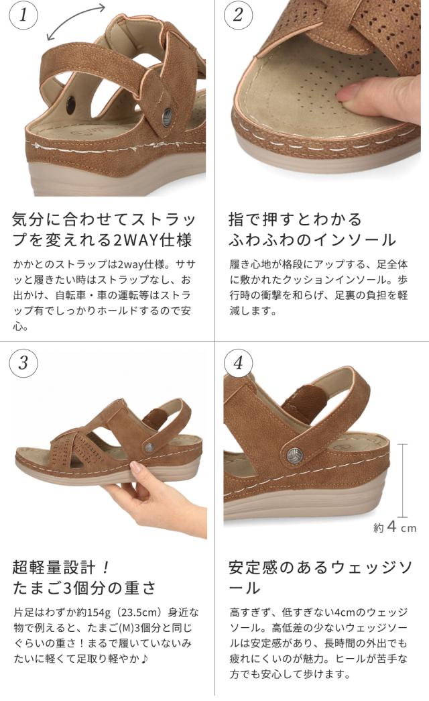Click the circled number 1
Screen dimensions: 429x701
pos(23,15)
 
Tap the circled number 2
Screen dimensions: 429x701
pos(238,15)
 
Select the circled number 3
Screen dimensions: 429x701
pos(23,362)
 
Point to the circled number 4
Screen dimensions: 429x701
pos(238,362)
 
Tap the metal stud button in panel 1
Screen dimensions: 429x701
pos(167,116)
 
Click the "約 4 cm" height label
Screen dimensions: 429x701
pos(395,527)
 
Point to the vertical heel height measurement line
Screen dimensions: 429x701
pos(403,480)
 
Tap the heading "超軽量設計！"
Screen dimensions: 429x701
pos(61,568)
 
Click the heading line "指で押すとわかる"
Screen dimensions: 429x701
pos(295,219)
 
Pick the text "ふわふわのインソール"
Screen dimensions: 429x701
pos(312,240)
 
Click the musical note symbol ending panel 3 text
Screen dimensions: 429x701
pos(144,659)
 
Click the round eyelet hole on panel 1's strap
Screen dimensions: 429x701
pos(70,105)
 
